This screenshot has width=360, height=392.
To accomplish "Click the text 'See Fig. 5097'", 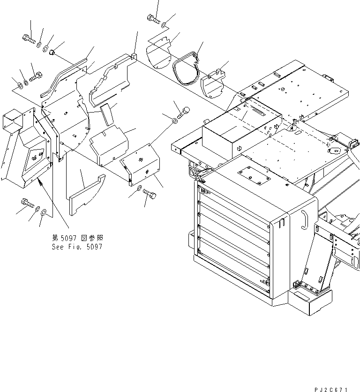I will (x=77, y=247).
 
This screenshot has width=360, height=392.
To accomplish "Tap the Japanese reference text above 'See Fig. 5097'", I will (x=77, y=238).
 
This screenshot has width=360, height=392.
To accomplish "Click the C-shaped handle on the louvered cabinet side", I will (x=303, y=219).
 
